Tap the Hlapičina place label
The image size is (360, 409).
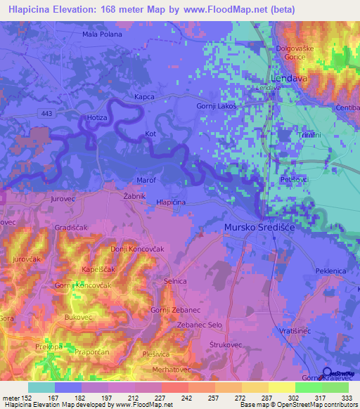pyautogui.click(x=171, y=202)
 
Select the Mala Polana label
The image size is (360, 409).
pyautogui.click(x=102, y=34)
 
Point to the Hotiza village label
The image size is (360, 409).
pyautogui.click(x=97, y=118)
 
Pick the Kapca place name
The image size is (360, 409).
pyautogui.click(x=144, y=97)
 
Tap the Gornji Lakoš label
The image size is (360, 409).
pyautogui.click(x=215, y=105)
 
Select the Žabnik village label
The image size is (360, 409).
pyautogui.click(x=134, y=195)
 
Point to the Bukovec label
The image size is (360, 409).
pyautogui.click(x=79, y=318)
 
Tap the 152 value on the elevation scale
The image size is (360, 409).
pyautogui.click(x=30, y=398)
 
